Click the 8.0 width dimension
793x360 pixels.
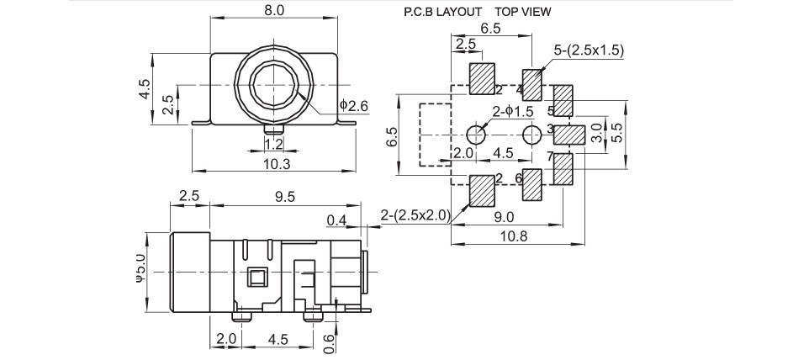pos(275,11)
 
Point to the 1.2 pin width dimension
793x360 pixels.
pos(273,143)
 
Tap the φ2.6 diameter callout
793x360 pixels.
pos(354,105)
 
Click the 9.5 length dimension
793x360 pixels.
pos(286,196)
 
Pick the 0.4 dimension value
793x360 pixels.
pos(336,220)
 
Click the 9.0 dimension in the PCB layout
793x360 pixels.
pos(505,217)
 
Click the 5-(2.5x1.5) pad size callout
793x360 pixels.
pos(589,50)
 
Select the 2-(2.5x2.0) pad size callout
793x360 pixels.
pos(415,216)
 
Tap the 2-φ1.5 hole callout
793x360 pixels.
pos(514,111)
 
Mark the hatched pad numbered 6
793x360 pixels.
pos(533,186)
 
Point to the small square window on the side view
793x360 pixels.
pos(256,276)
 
